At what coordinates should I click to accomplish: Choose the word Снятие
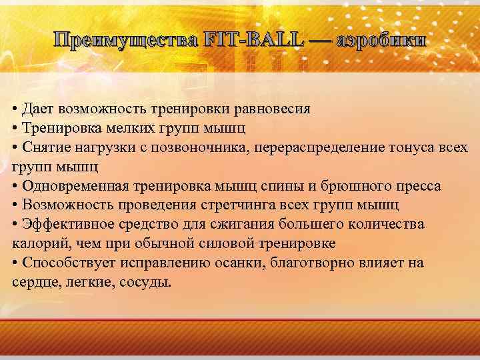(x=45, y=146)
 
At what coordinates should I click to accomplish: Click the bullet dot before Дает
(x=15, y=108)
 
